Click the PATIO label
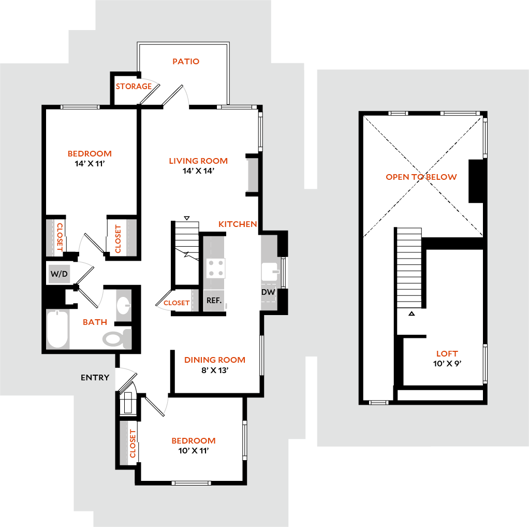tap(186, 62)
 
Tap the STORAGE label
tap(134, 87)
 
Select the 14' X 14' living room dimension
tap(198, 171)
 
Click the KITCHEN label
tap(238, 224)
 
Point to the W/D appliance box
tap(59, 274)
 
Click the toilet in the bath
tap(117, 338)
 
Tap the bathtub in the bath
tap(57, 329)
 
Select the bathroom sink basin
tap(123, 305)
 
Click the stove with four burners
tap(215, 268)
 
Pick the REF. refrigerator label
tap(214, 301)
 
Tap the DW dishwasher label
tap(268, 292)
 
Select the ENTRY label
tap(95, 378)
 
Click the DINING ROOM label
tap(215, 360)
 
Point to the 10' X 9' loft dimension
tap(447, 364)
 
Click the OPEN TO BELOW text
tap(421, 177)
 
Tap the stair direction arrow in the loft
tap(412, 314)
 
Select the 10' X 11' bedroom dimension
tap(193, 451)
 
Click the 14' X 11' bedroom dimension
tap(90, 164)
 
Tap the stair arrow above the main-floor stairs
tap(186, 218)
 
